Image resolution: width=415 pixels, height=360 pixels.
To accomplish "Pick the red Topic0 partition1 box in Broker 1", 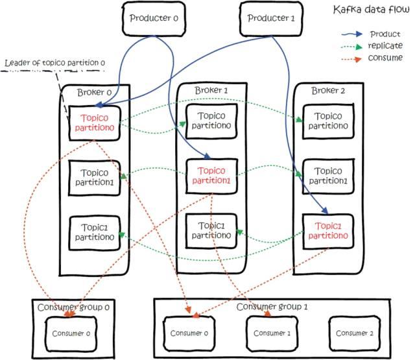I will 211,175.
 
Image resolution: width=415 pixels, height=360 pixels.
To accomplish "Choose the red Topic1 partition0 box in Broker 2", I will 327,231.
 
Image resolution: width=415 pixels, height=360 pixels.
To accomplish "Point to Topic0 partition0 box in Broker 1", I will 211,120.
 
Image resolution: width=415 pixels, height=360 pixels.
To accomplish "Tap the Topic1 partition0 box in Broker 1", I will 211,230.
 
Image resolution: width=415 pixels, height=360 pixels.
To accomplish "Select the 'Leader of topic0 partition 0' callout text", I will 54,63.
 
